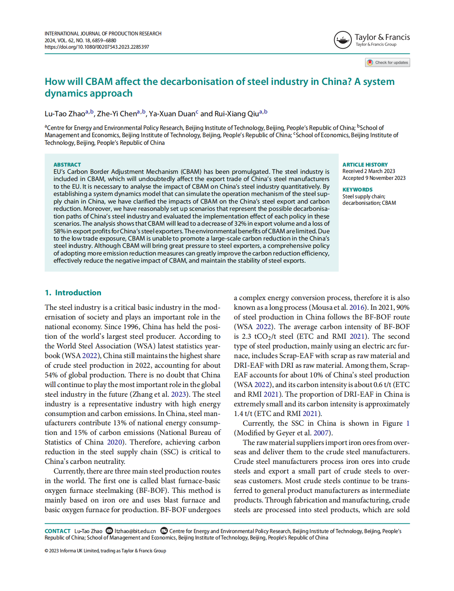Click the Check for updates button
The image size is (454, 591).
(388, 62)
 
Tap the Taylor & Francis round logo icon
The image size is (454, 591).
(343, 40)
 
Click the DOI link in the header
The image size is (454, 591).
(97, 47)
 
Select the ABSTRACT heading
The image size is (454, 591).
(67, 165)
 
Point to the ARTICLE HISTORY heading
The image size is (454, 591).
(365, 165)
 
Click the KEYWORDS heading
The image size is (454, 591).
(357, 189)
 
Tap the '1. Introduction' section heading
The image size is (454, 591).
(73, 292)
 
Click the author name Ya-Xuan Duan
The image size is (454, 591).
(172, 114)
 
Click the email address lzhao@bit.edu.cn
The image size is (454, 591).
(135, 531)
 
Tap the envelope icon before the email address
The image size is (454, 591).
(109, 531)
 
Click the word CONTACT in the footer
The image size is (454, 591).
(58, 531)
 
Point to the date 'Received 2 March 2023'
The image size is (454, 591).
(369, 171)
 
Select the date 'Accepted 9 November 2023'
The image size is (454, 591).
(374, 178)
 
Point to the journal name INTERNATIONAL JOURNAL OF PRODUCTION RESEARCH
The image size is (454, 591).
(103, 34)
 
